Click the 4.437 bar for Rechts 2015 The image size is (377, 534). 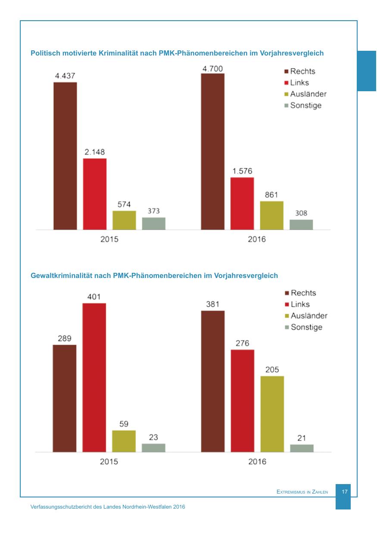(65, 156)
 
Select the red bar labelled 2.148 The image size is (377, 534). (94, 194)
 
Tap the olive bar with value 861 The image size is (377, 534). (271, 215)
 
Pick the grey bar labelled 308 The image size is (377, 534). (301, 225)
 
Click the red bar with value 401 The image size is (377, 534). (94, 377)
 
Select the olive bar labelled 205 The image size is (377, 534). (272, 414)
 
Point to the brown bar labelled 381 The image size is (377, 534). (213, 381)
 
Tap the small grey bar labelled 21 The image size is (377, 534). (302, 448)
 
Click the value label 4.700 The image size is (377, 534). (213, 68)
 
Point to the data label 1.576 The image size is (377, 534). (242, 171)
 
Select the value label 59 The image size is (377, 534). (124, 424)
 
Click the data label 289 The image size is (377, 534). (65, 338)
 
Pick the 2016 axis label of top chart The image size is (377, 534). (257, 239)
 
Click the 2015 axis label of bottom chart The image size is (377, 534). (109, 462)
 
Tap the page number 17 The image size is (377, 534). (345, 491)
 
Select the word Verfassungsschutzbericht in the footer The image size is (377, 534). (63, 507)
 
